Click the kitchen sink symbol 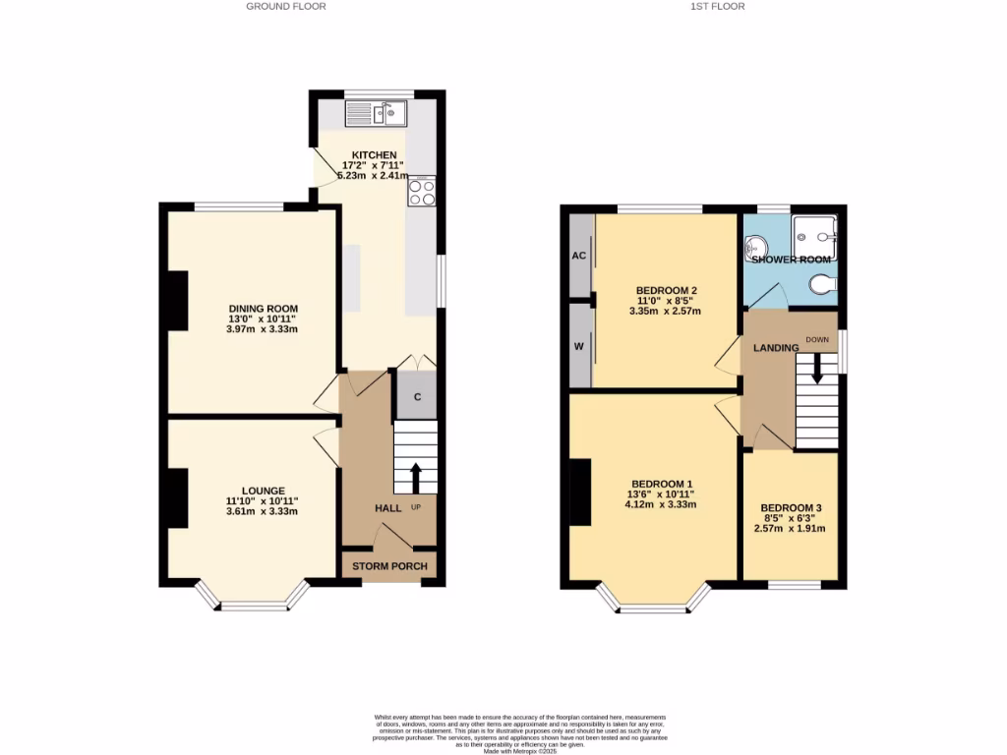click(x=376, y=114)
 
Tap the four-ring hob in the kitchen click(x=422, y=192)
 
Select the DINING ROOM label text click(x=262, y=309)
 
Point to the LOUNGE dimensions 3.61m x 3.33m click(x=262, y=511)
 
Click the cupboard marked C click(x=417, y=397)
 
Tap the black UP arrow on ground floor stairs click(x=415, y=478)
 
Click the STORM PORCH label click(x=389, y=566)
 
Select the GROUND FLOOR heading click(x=286, y=6)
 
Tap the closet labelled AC click(x=579, y=255)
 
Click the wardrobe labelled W click(x=579, y=346)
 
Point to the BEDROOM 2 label click(x=666, y=290)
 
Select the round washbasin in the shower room click(x=756, y=245)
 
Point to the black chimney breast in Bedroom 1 click(x=580, y=492)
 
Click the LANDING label click(x=776, y=348)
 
